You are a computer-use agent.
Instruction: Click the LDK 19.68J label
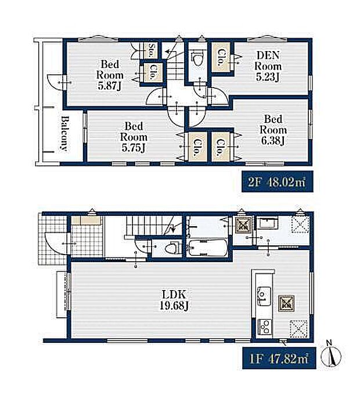pyautogui.click(x=174, y=300)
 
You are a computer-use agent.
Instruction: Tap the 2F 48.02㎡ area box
pyautogui.click(x=278, y=182)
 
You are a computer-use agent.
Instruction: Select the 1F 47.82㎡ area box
pyautogui.click(x=279, y=358)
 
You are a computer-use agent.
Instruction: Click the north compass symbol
pyautogui.click(x=331, y=354)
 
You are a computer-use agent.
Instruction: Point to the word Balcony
pyautogui.click(x=64, y=133)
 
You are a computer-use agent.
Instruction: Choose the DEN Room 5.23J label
pyautogui.click(x=268, y=66)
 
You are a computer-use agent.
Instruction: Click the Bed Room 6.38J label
pyautogui.click(x=273, y=130)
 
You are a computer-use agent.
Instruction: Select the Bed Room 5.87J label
pyautogui.click(x=110, y=75)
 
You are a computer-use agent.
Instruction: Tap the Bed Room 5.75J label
pyautogui.click(x=134, y=137)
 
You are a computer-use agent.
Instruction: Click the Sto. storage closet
pyautogui.click(x=152, y=50)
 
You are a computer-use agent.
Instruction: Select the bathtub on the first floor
pyautogui.click(x=208, y=248)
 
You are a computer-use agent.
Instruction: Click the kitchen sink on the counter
pyautogui.click(x=264, y=296)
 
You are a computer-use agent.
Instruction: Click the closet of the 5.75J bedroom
pyautogui.click(x=197, y=147)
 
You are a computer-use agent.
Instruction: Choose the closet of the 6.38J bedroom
pyautogui.click(x=221, y=147)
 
